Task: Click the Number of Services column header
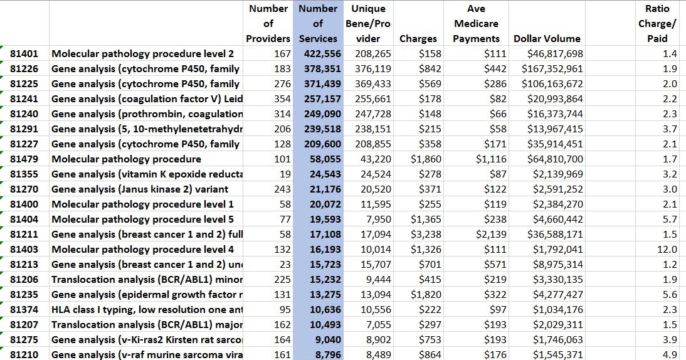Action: (x=318, y=24)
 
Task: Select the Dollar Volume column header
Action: (x=547, y=39)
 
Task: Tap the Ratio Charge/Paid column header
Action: (x=657, y=24)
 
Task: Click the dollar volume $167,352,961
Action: (x=552, y=69)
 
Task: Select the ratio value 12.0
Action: (x=669, y=250)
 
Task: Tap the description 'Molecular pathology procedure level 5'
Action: (x=142, y=220)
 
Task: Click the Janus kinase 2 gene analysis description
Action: (x=139, y=189)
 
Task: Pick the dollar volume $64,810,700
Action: (x=554, y=159)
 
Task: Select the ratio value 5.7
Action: (x=670, y=220)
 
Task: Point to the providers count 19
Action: (x=285, y=174)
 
